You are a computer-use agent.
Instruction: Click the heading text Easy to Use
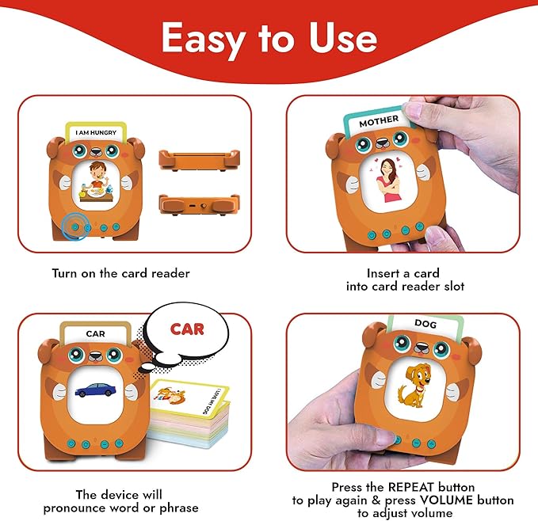[x=269, y=38]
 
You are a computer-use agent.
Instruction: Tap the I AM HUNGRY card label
[x=94, y=132]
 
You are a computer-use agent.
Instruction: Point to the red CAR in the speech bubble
[x=187, y=328]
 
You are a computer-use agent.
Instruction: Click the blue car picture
[x=95, y=389]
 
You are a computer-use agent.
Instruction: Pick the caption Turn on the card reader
[x=120, y=273]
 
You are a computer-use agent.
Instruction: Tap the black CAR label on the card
[x=95, y=333]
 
